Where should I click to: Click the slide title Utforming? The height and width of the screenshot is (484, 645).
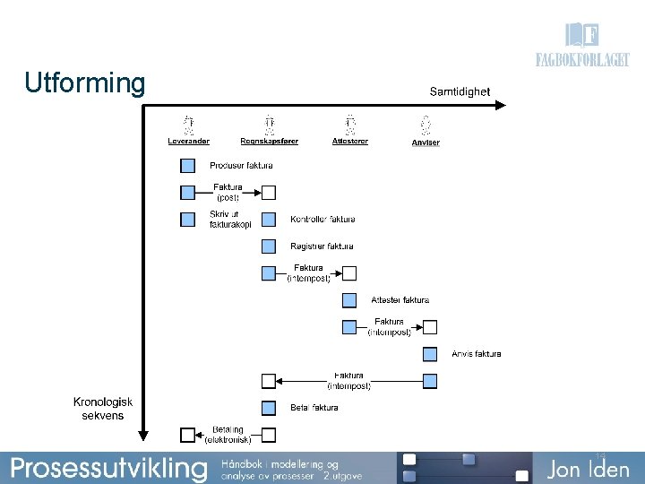pyautogui.click(x=84, y=83)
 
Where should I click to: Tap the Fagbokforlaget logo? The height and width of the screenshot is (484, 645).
pyautogui.click(x=582, y=48)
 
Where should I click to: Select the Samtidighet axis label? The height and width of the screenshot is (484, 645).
pyautogui.click(x=460, y=91)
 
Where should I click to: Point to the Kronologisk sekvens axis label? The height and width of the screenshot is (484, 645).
pyautogui.click(x=102, y=409)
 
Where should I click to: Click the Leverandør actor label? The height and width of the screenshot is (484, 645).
pyautogui.click(x=188, y=142)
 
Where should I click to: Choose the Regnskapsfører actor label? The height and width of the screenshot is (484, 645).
pyautogui.click(x=269, y=142)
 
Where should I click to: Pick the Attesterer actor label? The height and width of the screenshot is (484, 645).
pyautogui.click(x=349, y=142)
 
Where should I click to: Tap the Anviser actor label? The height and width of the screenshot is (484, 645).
pyautogui.click(x=426, y=143)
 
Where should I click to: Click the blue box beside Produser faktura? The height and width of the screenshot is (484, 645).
pyautogui.click(x=188, y=166)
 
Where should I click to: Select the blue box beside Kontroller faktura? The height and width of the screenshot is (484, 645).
pyautogui.click(x=269, y=220)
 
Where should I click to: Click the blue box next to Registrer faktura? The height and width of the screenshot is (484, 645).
pyautogui.click(x=269, y=246)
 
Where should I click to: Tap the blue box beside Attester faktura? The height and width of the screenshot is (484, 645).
pyautogui.click(x=349, y=300)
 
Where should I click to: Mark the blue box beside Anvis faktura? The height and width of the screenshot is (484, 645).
pyautogui.click(x=430, y=354)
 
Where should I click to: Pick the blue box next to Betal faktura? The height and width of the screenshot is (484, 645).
pyautogui.click(x=269, y=408)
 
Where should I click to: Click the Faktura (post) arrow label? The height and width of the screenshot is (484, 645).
pyautogui.click(x=228, y=192)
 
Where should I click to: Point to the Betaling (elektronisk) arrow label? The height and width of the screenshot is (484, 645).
pyautogui.click(x=228, y=435)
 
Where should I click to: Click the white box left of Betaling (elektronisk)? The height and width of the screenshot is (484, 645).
pyautogui.click(x=188, y=435)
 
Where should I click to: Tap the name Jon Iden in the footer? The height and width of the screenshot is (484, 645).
pyautogui.click(x=589, y=469)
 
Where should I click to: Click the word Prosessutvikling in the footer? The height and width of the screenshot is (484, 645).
pyautogui.click(x=108, y=468)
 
